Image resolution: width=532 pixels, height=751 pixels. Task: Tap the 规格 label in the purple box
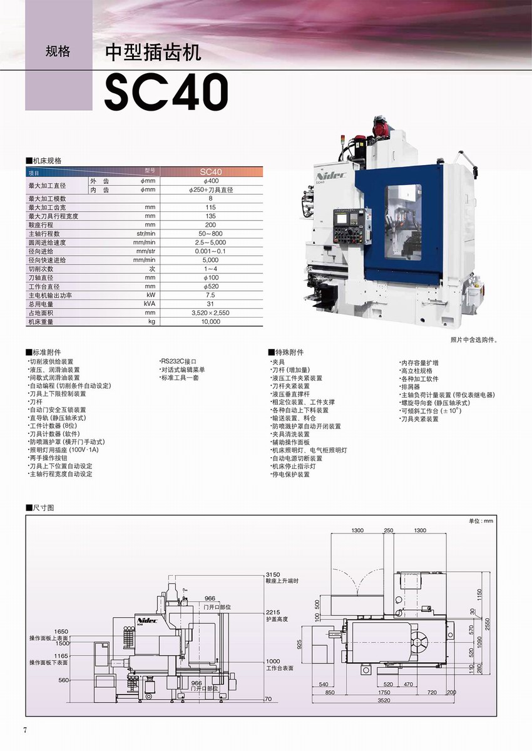pos(58,52)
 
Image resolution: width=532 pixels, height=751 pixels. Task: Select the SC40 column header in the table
pos(211,171)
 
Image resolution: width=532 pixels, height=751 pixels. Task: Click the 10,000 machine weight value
pos(211,321)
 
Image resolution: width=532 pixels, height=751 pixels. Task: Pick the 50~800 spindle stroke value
pos(211,233)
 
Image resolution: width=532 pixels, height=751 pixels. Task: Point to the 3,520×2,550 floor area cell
pos(211,312)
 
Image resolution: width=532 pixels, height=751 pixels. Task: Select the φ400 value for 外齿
pos(211,181)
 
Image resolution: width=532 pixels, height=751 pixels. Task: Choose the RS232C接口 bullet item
pos(179,361)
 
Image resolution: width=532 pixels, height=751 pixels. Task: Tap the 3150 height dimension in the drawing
pos(272,574)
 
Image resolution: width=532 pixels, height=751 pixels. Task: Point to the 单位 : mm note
pos(481,521)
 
